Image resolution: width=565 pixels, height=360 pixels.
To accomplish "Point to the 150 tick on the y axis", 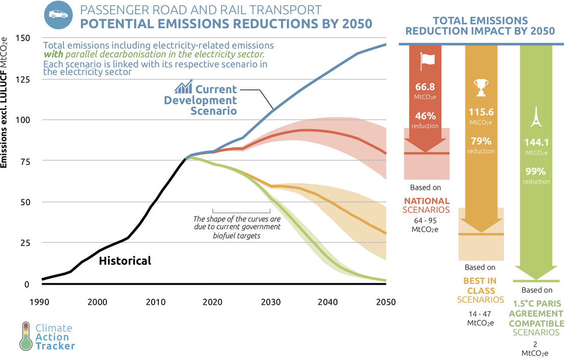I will tap(23, 38).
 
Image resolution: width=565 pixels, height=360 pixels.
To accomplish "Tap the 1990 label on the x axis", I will tap(42, 301).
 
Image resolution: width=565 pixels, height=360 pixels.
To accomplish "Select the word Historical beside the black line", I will tap(125, 261).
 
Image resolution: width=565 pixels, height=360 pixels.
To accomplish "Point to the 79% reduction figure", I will tap(481, 141).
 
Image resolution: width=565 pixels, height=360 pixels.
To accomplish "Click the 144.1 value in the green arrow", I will tap(536, 143).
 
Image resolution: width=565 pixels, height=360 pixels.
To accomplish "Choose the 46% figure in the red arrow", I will tap(427, 116).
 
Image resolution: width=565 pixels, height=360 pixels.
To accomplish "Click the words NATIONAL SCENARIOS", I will tap(426, 206).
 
